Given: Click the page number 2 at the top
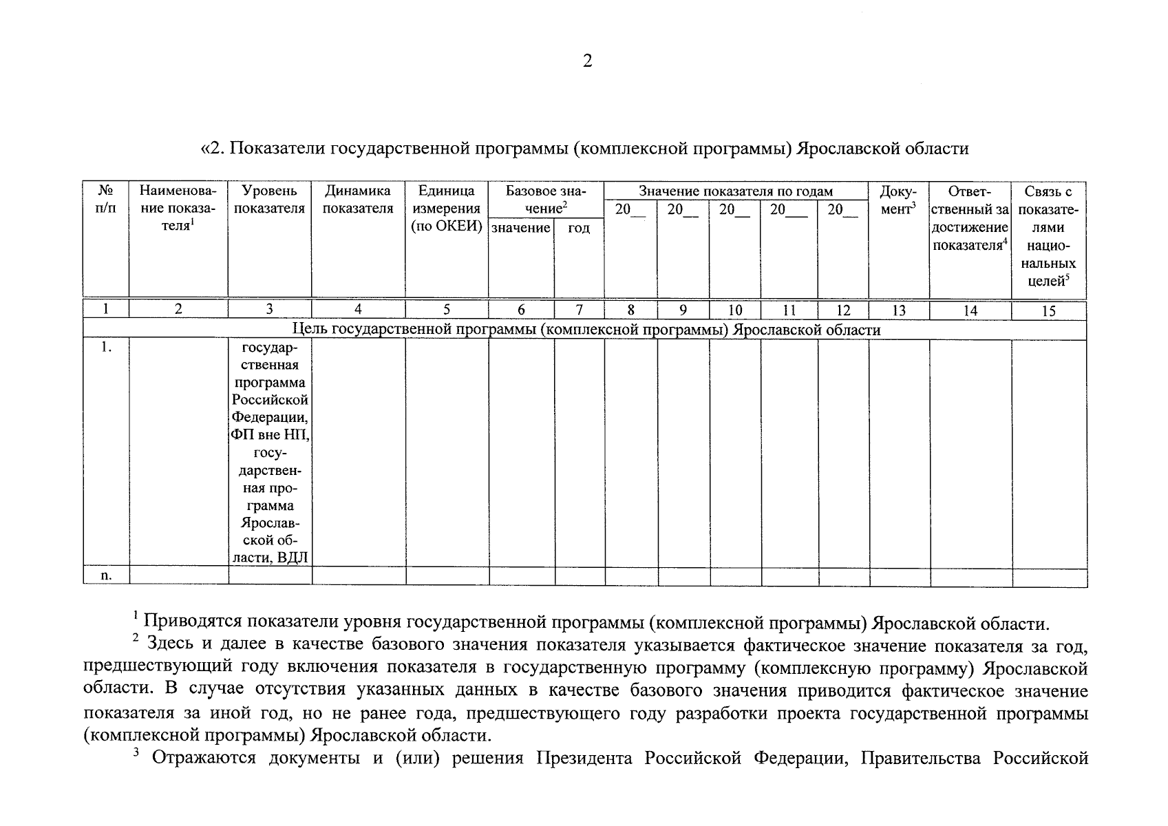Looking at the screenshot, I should (586, 61).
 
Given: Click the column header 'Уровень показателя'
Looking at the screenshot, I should (269, 200).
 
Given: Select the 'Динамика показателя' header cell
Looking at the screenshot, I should (358, 200).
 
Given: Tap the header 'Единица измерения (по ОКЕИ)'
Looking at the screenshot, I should (447, 209).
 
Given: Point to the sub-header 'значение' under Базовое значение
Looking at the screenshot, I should (520, 228).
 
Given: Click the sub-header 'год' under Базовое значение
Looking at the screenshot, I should (579, 228).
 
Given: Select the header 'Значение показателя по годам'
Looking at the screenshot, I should (735, 191).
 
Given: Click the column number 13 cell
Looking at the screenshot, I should (898, 310).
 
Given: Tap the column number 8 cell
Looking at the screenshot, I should (630, 310).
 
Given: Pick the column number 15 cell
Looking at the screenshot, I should (1048, 311).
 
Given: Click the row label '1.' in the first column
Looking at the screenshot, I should (106, 348).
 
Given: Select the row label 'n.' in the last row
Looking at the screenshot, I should (106, 575).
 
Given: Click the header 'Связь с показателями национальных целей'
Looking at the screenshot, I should (1048, 235).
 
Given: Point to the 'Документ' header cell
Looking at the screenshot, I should (898, 200).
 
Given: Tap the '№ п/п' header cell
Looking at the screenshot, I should (105, 200).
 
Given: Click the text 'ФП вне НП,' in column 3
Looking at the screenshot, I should (270, 435).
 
